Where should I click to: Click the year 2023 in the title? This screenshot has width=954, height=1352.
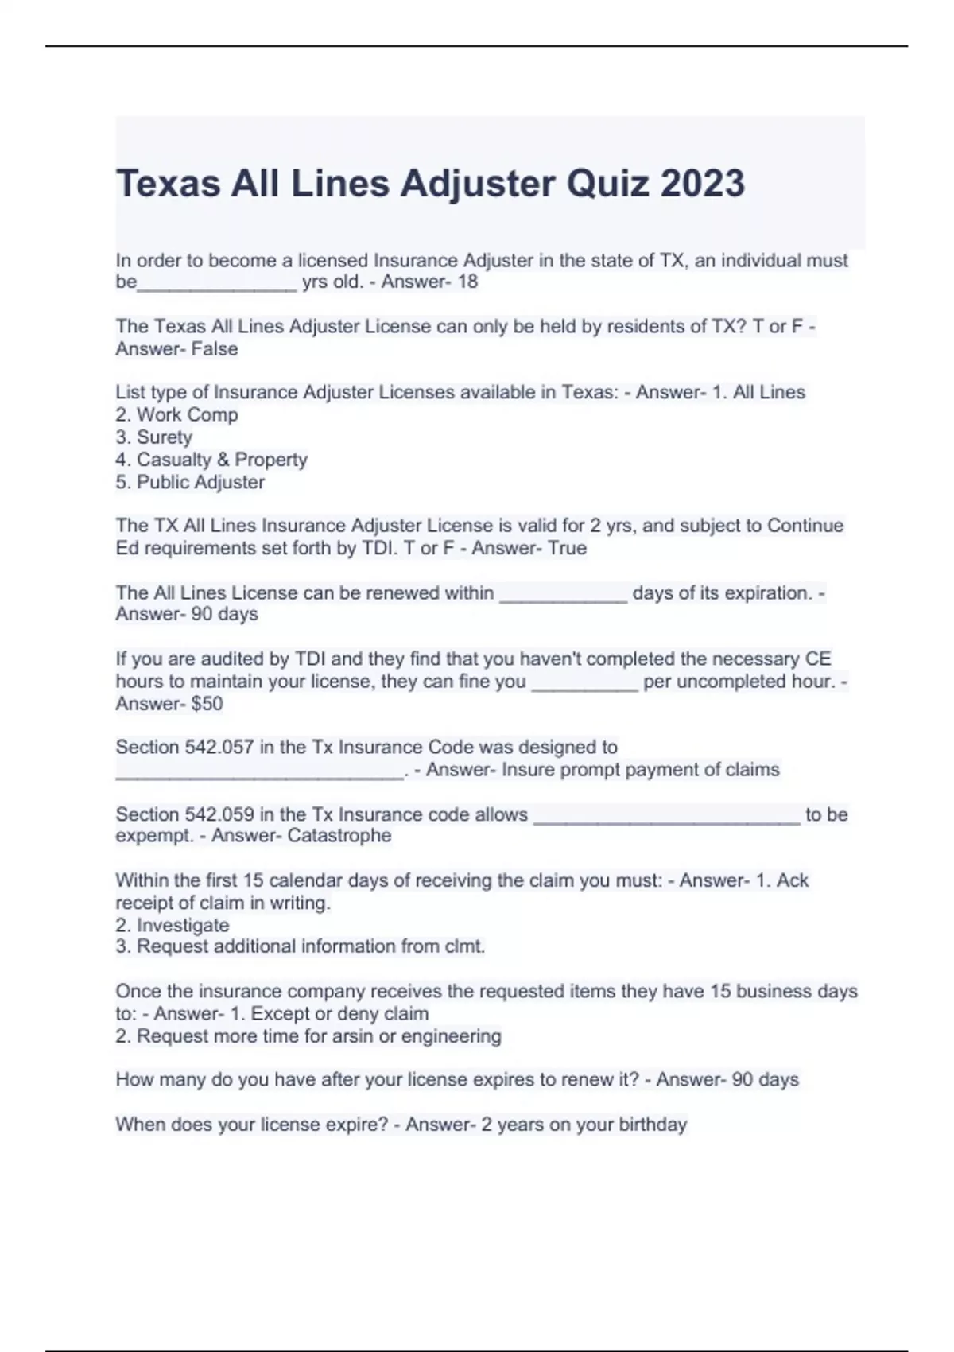(702, 184)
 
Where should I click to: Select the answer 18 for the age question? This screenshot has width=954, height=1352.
(467, 282)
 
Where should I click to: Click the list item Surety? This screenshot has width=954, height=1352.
(165, 437)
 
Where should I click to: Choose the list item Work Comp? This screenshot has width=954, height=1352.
(187, 414)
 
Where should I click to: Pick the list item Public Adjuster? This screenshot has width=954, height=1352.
(200, 482)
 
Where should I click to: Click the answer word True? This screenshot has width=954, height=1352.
(567, 548)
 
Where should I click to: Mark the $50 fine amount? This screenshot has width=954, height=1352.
(207, 703)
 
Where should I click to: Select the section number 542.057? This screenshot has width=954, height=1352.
(219, 747)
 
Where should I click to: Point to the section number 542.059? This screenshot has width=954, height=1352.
(219, 814)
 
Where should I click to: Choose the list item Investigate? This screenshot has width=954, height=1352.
(183, 925)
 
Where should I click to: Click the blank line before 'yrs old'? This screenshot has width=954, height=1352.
(216, 286)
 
